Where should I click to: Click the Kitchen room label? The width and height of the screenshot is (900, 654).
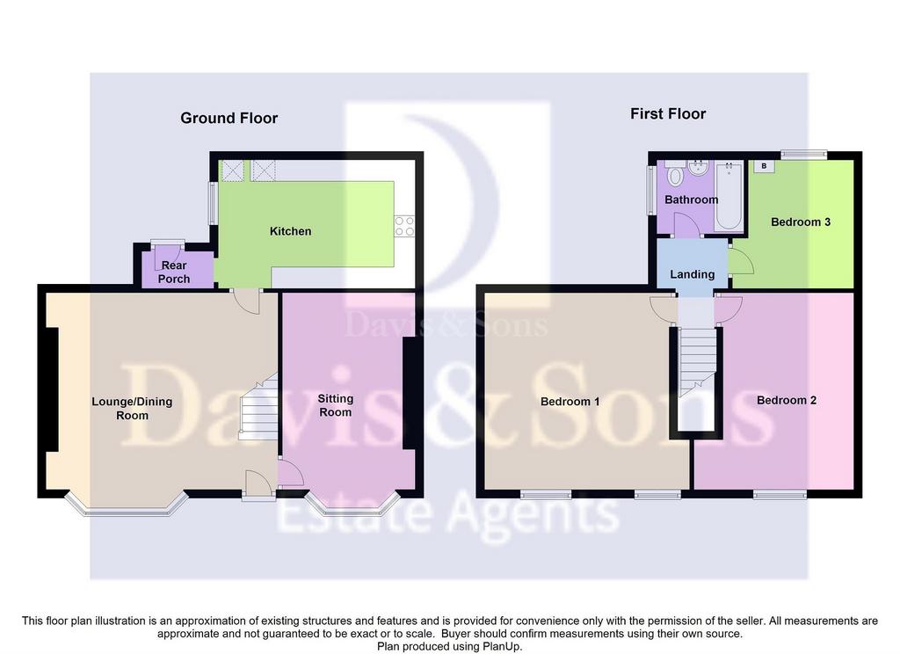point(290,231)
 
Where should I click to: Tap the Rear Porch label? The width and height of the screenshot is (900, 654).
point(174,272)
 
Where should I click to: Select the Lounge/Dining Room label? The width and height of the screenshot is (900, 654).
point(132,408)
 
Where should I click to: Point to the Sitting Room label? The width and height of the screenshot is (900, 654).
point(335,405)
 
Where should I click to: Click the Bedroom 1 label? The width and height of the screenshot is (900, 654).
point(570,402)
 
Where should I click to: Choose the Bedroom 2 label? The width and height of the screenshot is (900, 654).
point(787,400)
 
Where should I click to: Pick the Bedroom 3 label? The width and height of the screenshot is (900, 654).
point(800,222)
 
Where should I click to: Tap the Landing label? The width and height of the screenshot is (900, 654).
point(693,274)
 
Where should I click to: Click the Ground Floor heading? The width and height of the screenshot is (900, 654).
point(229,118)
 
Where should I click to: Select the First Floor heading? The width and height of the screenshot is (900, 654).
point(668,113)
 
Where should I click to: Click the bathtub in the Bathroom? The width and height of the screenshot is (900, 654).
point(729,196)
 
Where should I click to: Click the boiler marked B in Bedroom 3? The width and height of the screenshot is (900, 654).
point(764,166)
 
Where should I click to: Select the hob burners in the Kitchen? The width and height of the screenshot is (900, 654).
point(404,226)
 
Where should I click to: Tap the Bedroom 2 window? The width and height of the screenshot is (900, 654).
point(780,494)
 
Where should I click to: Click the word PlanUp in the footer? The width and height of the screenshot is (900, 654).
point(502,647)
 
